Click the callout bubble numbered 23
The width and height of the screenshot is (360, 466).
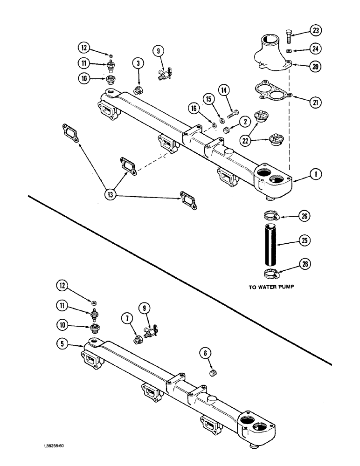tap(317, 31)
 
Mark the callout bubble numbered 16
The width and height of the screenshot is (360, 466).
tap(193, 108)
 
